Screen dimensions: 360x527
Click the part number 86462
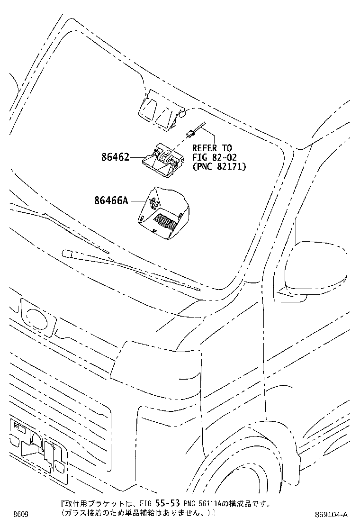tap(115, 157)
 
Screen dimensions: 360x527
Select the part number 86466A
tap(111, 200)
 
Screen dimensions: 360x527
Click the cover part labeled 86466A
tap(163, 214)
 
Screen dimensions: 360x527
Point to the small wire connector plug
tap(189, 134)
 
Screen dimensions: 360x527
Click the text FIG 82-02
tap(214, 157)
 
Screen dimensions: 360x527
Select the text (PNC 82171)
tap(219, 166)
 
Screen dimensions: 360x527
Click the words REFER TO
tap(212, 148)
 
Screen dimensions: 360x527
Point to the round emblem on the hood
tap(37, 318)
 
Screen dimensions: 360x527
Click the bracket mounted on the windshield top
tap(161, 109)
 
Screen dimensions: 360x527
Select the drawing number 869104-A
tap(331, 515)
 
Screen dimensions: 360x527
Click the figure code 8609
tap(20, 515)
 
